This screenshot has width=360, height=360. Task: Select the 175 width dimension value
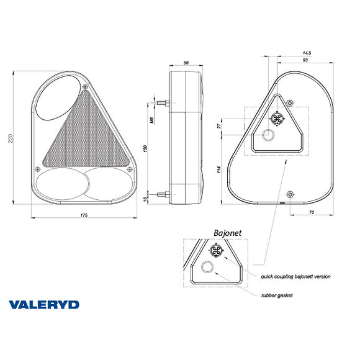[x=84, y=214]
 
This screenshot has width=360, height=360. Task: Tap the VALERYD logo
[x=53, y=305]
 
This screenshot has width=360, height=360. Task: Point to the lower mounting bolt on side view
[x=164, y=195]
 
